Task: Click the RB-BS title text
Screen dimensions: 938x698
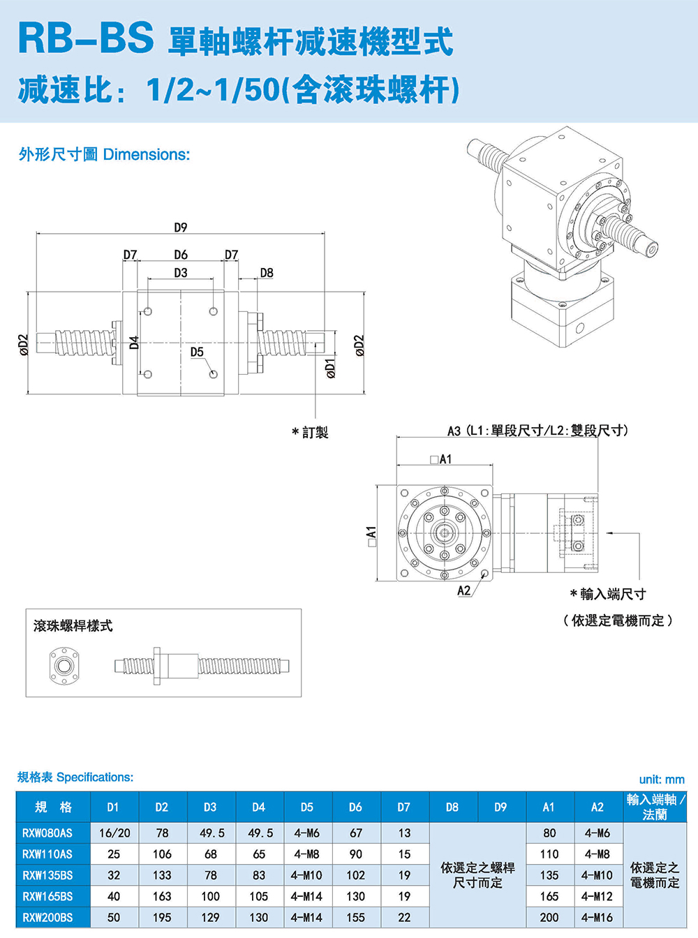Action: tap(86, 38)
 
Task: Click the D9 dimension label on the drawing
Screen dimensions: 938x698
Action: tap(181, 228)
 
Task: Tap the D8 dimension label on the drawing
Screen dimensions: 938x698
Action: tap(267, 273)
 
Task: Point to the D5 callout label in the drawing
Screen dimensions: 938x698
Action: tap(197, 352)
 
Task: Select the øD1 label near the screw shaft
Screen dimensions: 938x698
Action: tap(331, 368)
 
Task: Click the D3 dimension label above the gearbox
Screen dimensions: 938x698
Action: tap(181, 273)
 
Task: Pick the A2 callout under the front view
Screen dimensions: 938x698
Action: tap(464, 590)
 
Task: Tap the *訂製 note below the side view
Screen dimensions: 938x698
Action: tap(310, 433)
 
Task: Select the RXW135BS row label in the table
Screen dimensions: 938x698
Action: tap(47, 875)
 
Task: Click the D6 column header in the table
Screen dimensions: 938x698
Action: tap(355, 807)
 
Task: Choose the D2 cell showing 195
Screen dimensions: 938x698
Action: tap(162, 917)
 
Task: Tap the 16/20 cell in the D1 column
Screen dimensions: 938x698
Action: tap(114, 833)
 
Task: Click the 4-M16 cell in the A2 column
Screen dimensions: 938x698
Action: tap(597, 917)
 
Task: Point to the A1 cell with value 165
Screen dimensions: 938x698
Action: tap(549, 896)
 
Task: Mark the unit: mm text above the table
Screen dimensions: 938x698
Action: tap(662, 780)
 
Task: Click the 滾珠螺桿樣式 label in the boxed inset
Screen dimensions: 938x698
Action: tap(73, 626)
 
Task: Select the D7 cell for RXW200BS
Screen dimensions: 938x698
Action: tap(404, 917)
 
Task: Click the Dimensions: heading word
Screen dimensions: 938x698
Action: tap(147, 154)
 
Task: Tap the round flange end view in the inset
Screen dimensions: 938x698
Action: tap(64, 666)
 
